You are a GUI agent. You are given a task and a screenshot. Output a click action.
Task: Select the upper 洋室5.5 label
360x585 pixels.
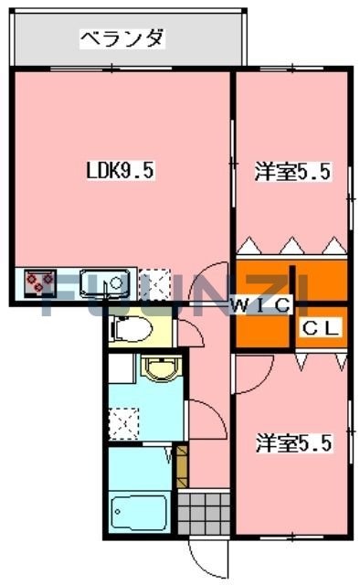292,171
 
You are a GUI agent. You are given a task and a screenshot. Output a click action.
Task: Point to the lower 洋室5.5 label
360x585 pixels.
292,445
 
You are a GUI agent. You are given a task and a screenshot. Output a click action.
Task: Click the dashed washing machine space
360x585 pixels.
123,421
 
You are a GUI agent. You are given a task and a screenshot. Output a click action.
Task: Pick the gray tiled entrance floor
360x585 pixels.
202,513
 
